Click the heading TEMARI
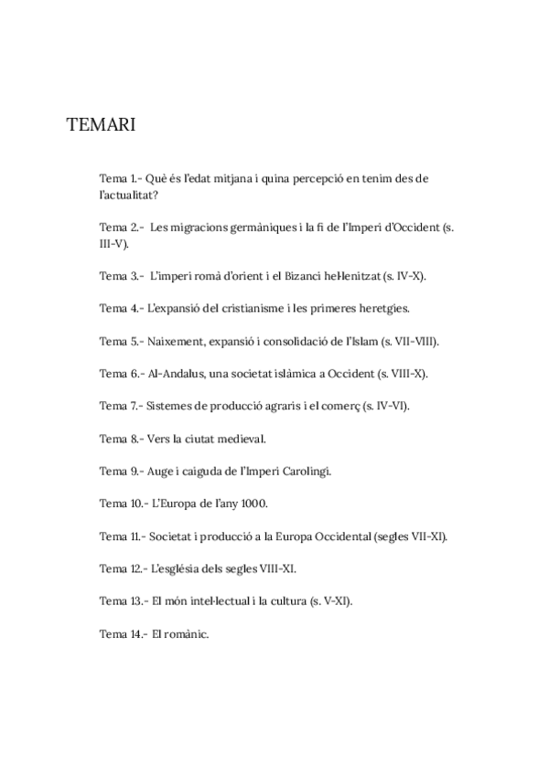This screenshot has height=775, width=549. tap(101, 125)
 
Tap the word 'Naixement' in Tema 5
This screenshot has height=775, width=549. tap(178, 341)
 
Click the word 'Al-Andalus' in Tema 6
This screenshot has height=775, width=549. tap(176, 374)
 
